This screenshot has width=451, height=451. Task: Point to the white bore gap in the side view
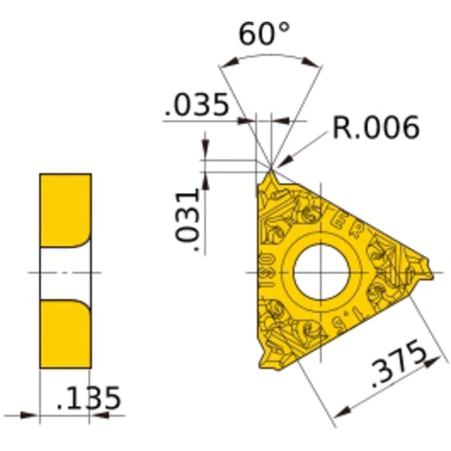[65, 272]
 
